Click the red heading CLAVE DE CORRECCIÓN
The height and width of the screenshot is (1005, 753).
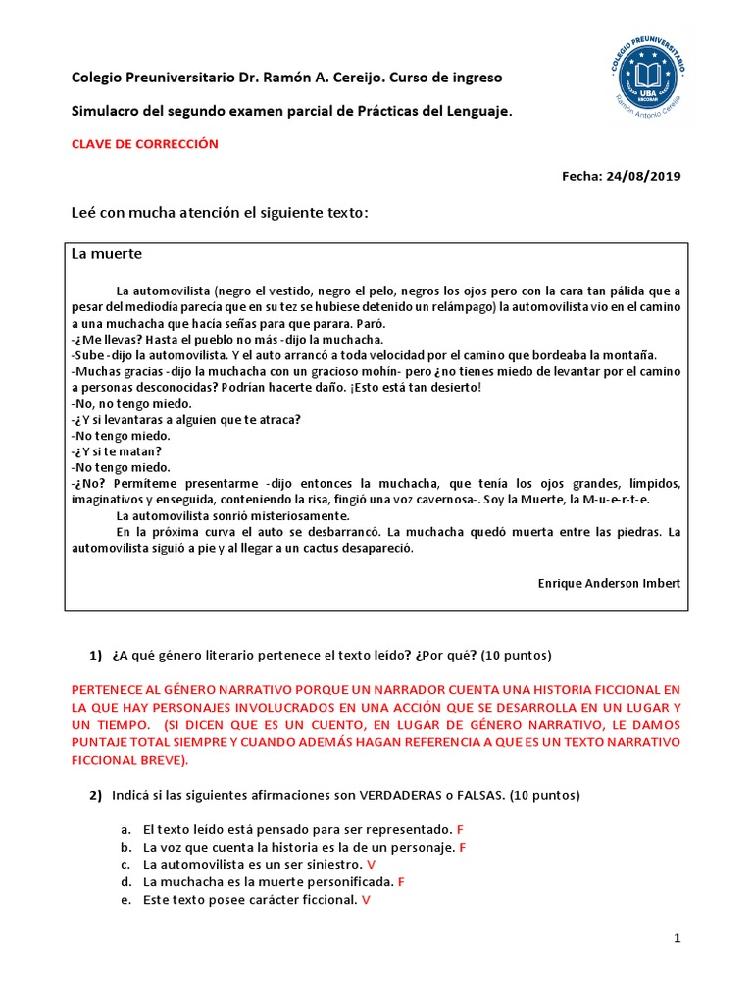click(145, 144)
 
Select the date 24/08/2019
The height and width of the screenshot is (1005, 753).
click(645, 177)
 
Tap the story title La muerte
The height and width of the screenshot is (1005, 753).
click(107, 254)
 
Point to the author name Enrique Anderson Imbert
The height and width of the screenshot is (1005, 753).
click(609, 583)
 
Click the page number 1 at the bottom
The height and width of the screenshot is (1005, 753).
click(677, 939)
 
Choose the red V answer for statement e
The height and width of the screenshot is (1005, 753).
click(366, 900)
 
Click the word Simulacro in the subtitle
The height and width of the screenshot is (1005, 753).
click(105, 113)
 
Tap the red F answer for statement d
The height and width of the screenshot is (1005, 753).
click(402, 882)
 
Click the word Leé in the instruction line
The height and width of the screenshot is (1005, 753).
click(86, 213)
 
